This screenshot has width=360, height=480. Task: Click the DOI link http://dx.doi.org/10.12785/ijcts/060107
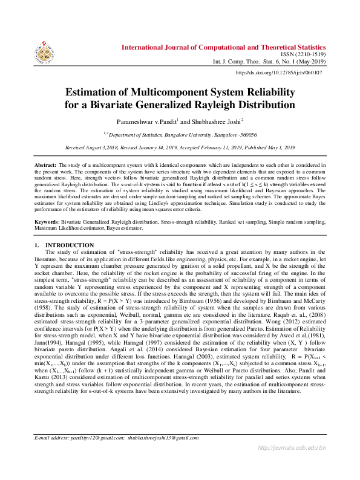(279, 73)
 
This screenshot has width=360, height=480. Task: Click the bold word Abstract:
(45, 165)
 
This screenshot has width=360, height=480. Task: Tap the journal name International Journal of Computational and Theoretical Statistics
(224, 47)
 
